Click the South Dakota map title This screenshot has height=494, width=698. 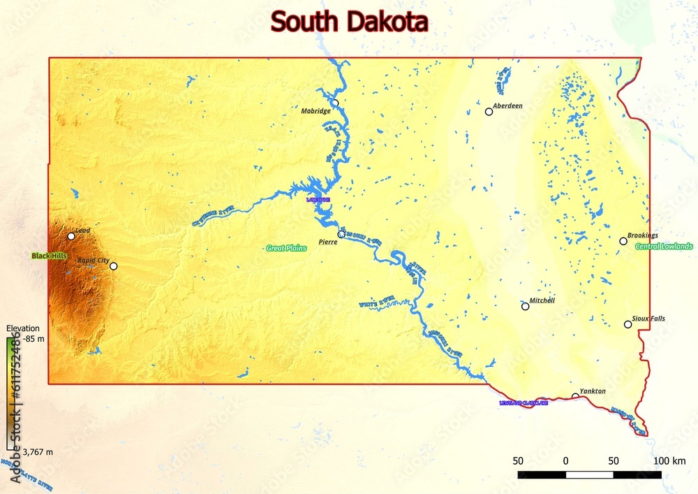tap(349, 22)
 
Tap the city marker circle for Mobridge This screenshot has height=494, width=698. tap(335, 103)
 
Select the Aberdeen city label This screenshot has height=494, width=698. tap(507, 106)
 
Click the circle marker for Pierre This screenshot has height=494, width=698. tap(341, 234)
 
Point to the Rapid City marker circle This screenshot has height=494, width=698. tap(114, 266)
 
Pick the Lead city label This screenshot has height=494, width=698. tap(82, 230)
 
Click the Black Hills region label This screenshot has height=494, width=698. tap(49, 256)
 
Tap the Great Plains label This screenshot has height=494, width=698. tap(286, 248)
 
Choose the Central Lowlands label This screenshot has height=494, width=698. tap(664, 247)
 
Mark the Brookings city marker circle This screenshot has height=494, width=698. tap(623, 241)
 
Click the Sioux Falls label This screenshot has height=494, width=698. tap(648, 319)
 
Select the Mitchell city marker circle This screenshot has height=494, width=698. tap(526, 306)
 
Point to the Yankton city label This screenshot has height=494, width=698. tap(593, 391)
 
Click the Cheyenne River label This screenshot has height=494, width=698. tap(212, 216)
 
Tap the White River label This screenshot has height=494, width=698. tap(377, 302)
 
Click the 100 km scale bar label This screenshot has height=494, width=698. tap(670, 461)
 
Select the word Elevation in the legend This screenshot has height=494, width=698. tap(22, 328)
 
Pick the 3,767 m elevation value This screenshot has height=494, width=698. tap(38, 453)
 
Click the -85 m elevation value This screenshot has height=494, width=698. tap(34, 340)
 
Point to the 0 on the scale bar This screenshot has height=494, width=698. tap(565, 461)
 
